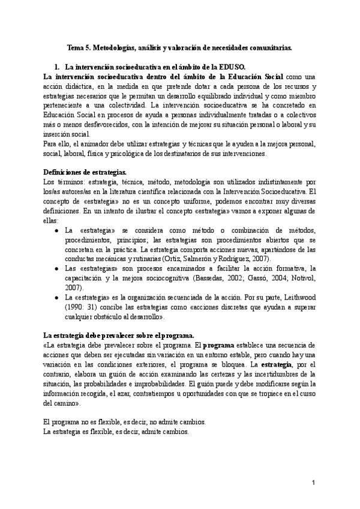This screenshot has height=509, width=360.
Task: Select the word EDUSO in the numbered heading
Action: [x=233, y=67]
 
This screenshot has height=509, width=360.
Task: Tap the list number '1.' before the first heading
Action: [x=58, y=67]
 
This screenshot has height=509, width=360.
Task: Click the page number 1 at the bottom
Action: [x=314, y=483]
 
